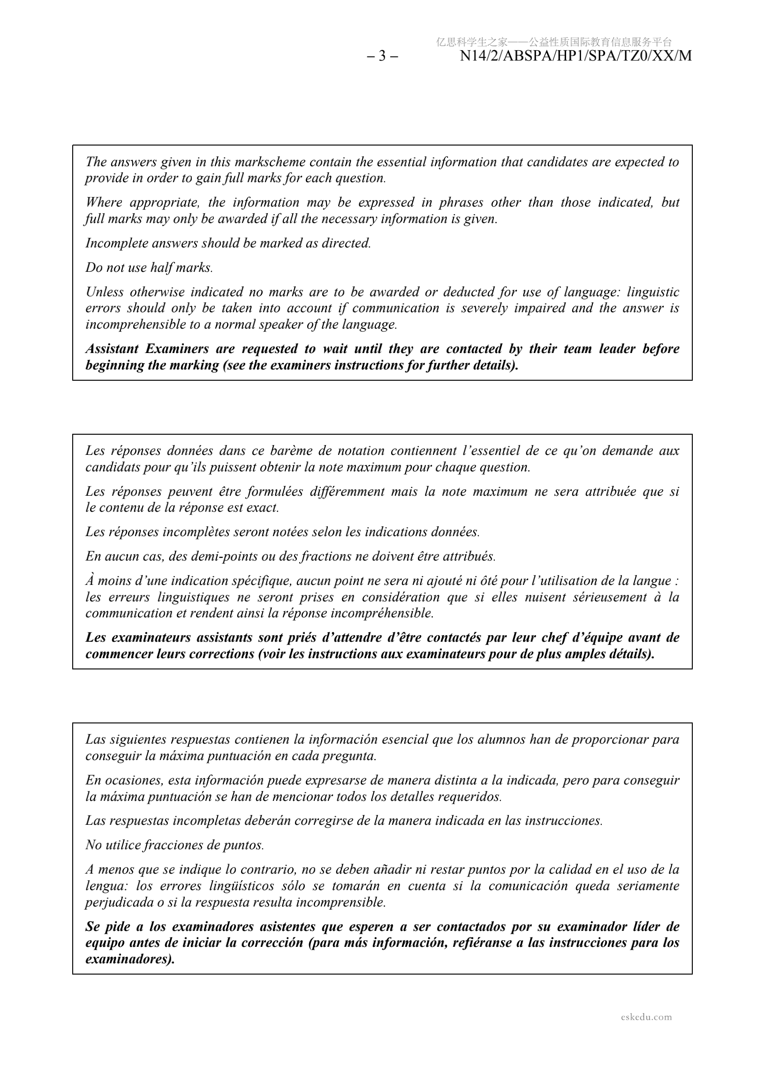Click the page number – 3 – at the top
[382, 56]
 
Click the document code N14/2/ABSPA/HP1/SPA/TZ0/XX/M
[576, 56]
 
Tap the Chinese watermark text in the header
[554, 42]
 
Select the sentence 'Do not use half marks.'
[150, 268]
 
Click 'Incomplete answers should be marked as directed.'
[228, 243]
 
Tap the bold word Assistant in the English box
[112, 349]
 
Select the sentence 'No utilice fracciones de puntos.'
[174, 845]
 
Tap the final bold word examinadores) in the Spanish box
[130, 959]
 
